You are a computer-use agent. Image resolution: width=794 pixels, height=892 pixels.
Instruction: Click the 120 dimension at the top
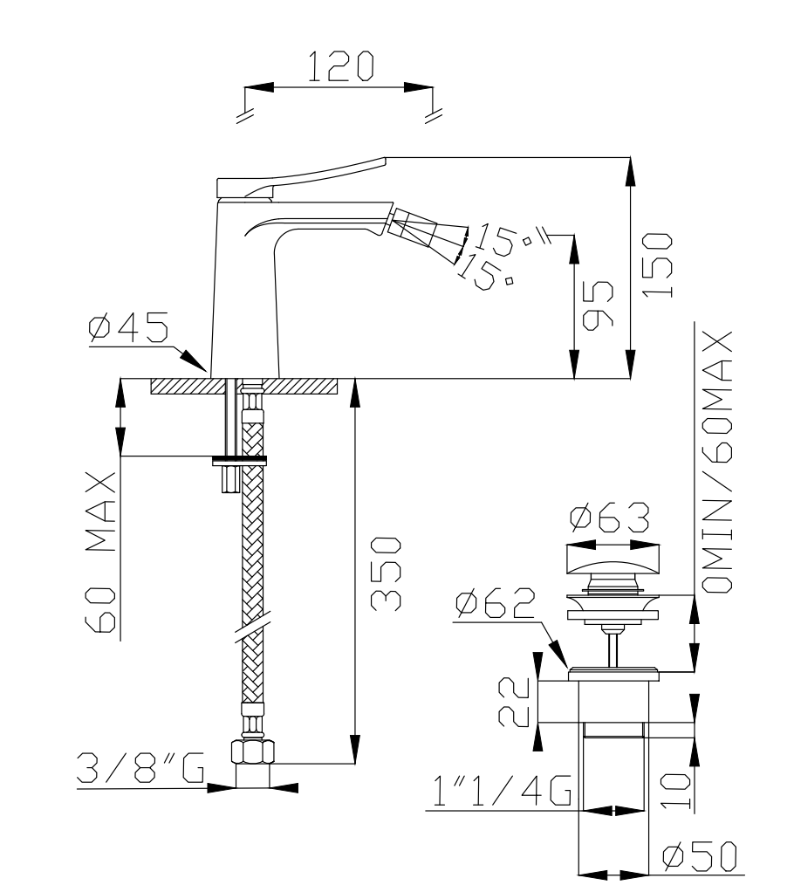pos(340,66)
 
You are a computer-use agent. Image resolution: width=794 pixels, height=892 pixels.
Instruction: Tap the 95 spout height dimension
pos(599,305)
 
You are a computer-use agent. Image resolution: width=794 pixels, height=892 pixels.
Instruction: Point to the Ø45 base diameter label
pos(128,327)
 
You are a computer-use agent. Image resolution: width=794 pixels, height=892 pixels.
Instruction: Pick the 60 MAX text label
pos(101,552)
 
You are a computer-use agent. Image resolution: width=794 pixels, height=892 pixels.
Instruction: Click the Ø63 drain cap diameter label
pos(610,517)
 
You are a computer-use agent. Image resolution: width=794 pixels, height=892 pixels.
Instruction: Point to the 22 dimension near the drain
pos(514,702)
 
